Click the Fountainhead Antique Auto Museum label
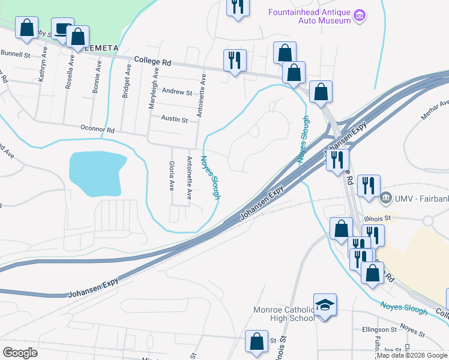coord(309,16)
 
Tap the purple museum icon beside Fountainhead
coord(360,15)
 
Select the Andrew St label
coord(177,92)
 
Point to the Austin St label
coord(174,119)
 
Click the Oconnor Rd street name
coord(97,128)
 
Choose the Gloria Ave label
coord(172,175)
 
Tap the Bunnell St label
coord(15,54)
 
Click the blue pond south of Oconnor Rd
coord(96,173)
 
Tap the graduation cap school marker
coord(325,305)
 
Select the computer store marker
coord(62,29)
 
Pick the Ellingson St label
coord(379,329)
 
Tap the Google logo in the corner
coord(20,352)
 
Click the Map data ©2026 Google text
coord(412,355)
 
